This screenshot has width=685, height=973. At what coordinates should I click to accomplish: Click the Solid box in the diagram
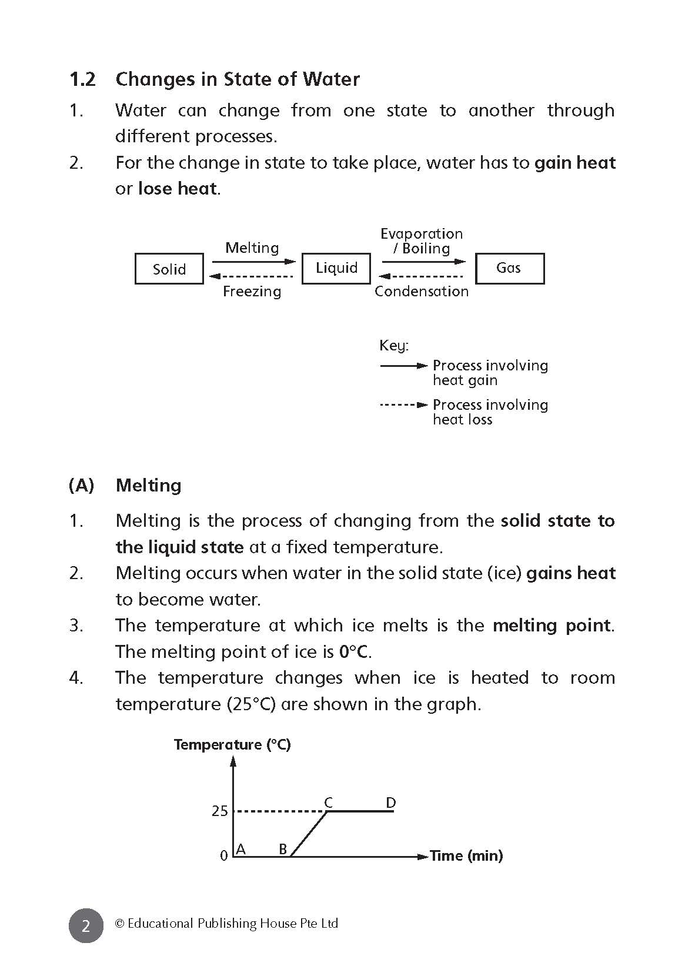tap(169, 269)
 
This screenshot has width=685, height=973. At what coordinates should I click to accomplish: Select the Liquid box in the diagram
tap(336, 268)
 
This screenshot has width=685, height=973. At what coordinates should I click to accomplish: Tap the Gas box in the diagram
tap(509, 268)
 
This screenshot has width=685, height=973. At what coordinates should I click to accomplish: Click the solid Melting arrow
tap(253, 262)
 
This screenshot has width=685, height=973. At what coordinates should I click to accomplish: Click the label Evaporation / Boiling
tap(422, 241)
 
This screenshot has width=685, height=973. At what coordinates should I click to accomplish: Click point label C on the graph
tap(329, 803)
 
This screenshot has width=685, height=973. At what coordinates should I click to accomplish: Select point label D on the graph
tap(391, 803)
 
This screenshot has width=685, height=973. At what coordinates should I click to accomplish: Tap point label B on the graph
tap(283, 849)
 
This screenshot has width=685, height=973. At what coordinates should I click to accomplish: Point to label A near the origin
tap(240, 849)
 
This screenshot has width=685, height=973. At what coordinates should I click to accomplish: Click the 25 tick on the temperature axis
tap(219, 811)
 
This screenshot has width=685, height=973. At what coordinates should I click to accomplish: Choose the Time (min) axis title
tap(466, 856)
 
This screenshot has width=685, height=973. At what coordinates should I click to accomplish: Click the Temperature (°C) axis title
tap(232, 745)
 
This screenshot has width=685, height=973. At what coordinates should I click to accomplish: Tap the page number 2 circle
tap(86, 925)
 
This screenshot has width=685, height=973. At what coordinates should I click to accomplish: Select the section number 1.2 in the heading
tap(82, 79)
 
